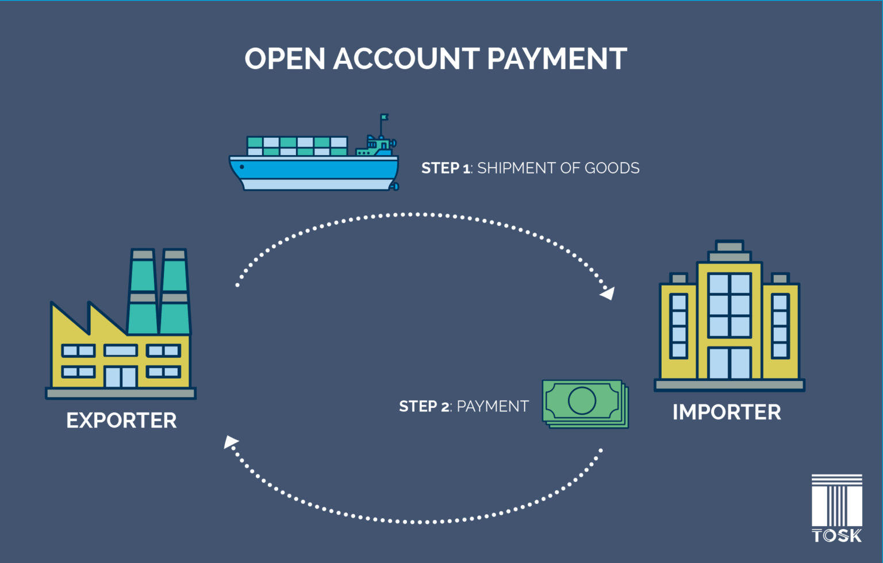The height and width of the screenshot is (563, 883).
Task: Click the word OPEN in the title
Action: (285, 59)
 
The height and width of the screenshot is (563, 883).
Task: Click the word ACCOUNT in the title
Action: (406, 59)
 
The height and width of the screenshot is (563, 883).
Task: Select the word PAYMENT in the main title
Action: (557, 59)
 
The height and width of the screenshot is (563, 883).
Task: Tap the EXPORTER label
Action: (121, 421)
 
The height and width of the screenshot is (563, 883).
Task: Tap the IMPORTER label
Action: (727, 412)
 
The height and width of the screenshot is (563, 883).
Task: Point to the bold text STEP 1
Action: (446, 168)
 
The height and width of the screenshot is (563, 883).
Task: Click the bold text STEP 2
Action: (424, 406)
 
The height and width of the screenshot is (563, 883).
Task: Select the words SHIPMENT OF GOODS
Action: (558, 168)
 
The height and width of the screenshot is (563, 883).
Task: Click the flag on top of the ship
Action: (385, 117)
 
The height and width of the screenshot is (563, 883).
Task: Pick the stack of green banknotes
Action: (585, 404)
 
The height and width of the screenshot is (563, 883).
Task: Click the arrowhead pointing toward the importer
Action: (608, 294)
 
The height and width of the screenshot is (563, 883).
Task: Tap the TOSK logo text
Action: (837, 536)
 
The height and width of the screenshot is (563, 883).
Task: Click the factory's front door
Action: (121, 377)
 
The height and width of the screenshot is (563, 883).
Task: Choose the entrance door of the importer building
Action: (730, 363)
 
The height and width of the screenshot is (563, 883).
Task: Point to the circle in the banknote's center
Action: (582, 400)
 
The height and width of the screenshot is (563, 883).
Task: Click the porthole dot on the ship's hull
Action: (241, 167)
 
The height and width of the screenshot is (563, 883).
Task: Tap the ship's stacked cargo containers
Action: (297, 146)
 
